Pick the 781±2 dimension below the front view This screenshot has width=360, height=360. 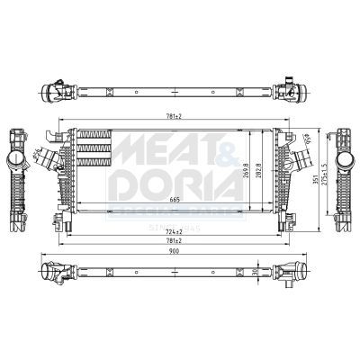173,242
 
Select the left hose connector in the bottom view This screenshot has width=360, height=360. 59,272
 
